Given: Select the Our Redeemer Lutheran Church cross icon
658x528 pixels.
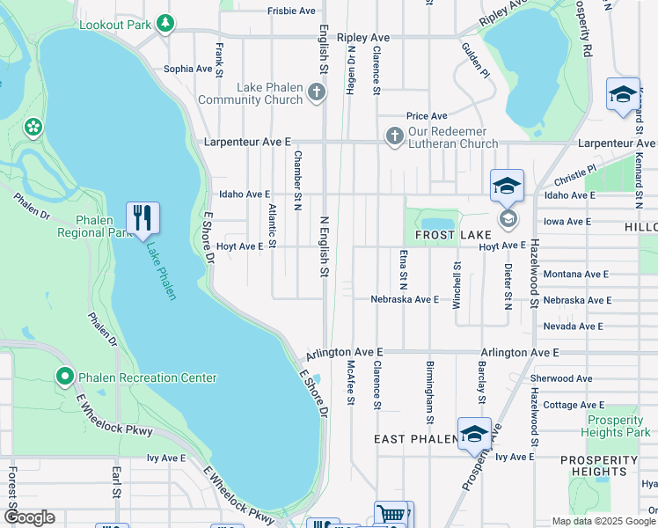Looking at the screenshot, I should click(394, 136).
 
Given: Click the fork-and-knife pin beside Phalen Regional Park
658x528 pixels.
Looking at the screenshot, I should click(143, 217).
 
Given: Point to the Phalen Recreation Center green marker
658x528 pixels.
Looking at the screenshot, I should click(64, 378).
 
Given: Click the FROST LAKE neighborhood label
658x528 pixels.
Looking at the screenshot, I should click(447, 236).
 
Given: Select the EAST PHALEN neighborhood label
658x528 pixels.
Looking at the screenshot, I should click(412, 439).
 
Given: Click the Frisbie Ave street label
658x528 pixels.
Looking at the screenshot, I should click(291, 11).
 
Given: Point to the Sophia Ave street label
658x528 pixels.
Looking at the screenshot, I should click(188, 69).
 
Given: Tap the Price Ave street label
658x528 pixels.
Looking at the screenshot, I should click(427, 116).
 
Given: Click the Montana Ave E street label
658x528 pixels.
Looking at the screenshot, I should click(575, 275).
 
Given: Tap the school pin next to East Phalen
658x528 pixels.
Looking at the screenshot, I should click(474, 434).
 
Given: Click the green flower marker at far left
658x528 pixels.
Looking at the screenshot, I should click(33, 127).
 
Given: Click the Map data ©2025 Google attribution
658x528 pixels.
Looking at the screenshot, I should click(603, 521).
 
